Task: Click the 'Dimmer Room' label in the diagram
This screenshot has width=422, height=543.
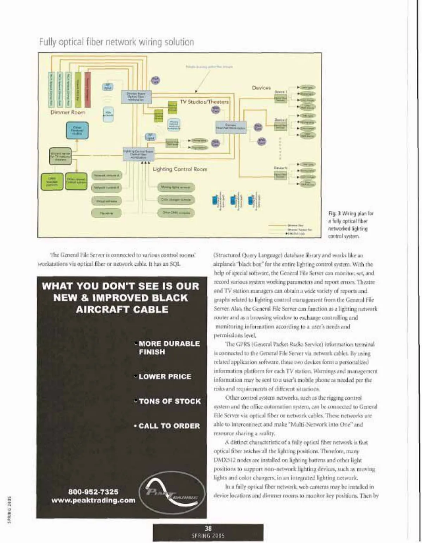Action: (x=68, y=112)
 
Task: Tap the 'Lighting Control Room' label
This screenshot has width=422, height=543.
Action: (x=180, y=169)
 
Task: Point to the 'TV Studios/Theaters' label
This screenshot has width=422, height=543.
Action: (x=204, y=102)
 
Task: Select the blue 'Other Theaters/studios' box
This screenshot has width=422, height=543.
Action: (x=77, y=130)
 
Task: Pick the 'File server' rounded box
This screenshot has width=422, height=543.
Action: (x=106, y=213)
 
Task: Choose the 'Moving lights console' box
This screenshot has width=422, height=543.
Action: (x=175, y=187)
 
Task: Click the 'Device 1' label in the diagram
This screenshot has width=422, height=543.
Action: (x=281, y=92)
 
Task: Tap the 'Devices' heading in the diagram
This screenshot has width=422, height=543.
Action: (x=261, y=88)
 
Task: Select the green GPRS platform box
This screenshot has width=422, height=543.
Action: (x=52, y=181)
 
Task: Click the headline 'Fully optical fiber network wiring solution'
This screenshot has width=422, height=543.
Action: (x=116, y=42)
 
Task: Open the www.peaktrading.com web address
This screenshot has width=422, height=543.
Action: (x=93, y=500)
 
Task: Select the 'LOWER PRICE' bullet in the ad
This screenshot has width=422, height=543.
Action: (x=165, y=377)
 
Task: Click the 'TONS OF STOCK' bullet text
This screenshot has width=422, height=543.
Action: (x=170, y=401)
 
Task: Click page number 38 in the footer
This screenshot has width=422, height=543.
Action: (x=208, y=528)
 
